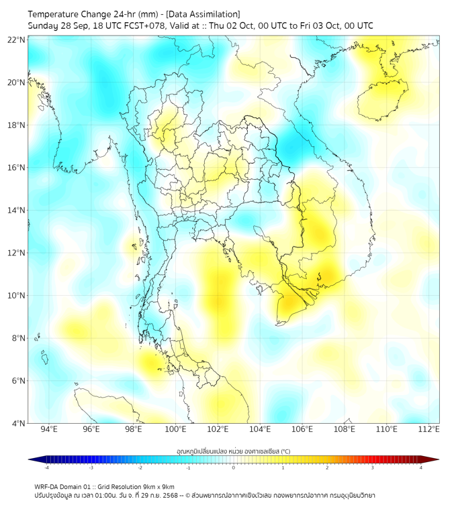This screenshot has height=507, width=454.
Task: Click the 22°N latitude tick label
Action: coord(17,40)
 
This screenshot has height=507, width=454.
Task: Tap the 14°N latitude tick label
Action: coord(17,210)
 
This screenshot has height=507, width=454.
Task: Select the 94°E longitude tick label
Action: coord(49,429)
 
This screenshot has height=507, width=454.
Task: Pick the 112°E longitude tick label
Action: coord(428,429)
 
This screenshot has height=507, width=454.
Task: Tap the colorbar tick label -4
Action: coord(46,467)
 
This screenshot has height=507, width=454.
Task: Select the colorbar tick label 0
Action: coord(234,467)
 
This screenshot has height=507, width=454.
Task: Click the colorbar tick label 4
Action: coord(420,467)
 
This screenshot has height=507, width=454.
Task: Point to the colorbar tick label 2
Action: coord(327,467)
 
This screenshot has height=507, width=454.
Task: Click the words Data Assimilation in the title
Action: coord(201,14)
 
